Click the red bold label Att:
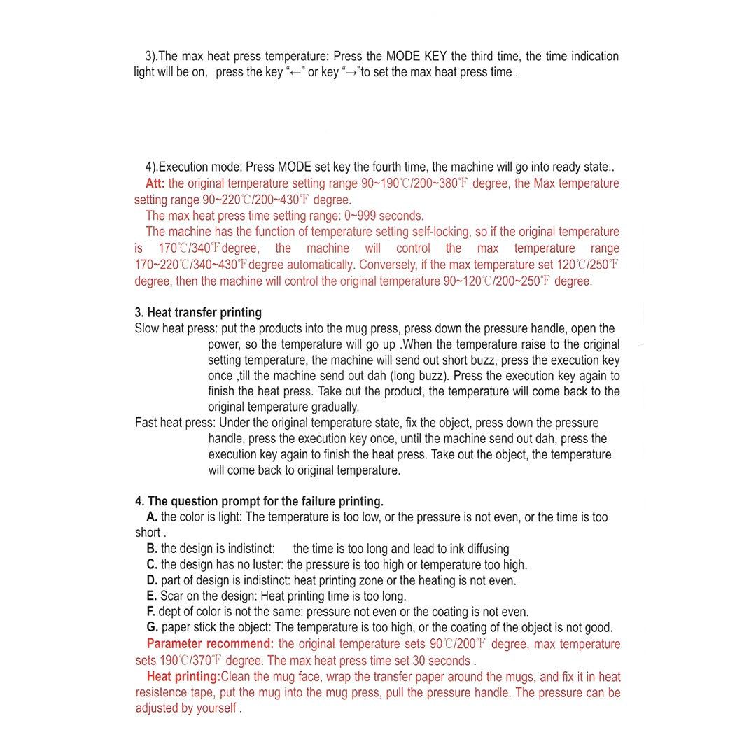(x=155, y=183)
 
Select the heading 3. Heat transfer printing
(x=198, y=312)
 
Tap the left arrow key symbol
(x=295, y=73)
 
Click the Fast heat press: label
(x=176, y=423)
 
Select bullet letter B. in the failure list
(x=152, y=549)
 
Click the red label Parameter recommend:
(x=210, y=644)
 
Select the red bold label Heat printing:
(x=183, y=677)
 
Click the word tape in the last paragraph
(x=205, y=693)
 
